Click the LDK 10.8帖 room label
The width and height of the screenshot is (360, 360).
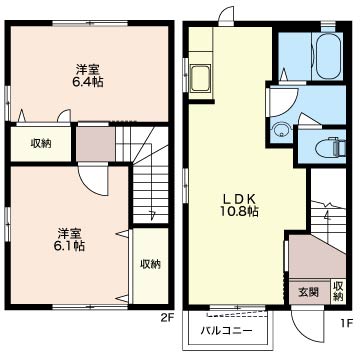239,205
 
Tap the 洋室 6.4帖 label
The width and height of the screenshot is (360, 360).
88,76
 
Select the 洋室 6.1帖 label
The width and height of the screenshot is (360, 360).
69,239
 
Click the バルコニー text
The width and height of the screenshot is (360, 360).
226,331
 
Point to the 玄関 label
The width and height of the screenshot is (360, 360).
308,293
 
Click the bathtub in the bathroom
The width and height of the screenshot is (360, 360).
327,56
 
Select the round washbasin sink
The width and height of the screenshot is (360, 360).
282,130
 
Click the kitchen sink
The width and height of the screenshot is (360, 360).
201,78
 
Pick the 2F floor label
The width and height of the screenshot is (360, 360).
168,317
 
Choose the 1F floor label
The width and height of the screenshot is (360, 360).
347,323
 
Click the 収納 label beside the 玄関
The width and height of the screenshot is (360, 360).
338,291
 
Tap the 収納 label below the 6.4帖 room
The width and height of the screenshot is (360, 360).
41,143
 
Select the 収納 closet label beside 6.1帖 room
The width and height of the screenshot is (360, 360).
150,264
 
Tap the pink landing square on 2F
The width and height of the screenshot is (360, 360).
96,144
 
